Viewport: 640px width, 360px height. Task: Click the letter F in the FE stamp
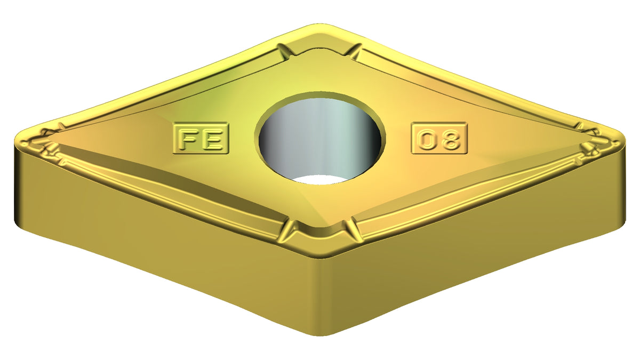click(x=189, y=139)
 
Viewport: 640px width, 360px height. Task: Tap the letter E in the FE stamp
click(x=212, y=139)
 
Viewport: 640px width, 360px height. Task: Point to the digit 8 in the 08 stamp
click(x=450, y=139)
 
